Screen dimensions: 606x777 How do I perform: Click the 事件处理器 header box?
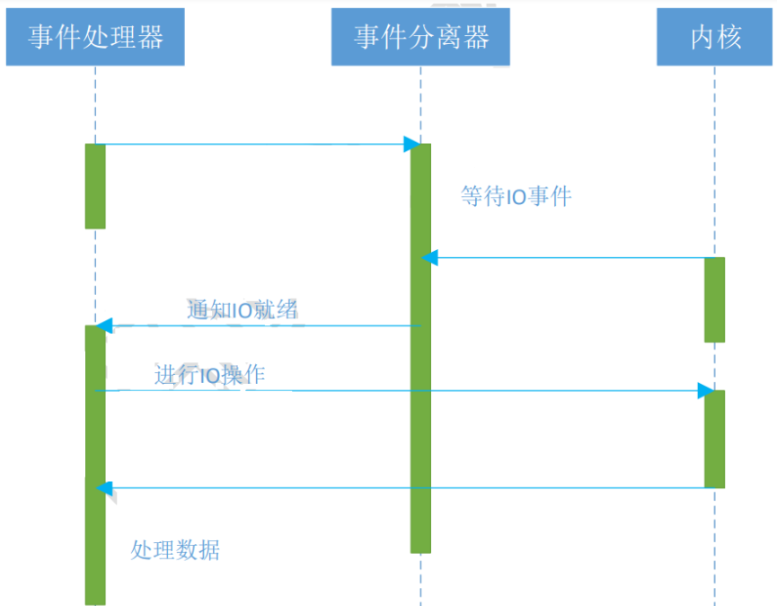coord(95,37)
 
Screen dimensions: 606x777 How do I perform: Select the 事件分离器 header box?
coord(420,37)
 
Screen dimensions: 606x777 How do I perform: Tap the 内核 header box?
coord(715,37)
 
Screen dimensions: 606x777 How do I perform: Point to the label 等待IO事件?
coord(516,196)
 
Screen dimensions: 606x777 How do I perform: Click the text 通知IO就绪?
coord(243,311)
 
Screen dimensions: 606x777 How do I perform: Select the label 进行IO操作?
coord(209,375)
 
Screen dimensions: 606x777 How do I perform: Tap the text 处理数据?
coord(175,549)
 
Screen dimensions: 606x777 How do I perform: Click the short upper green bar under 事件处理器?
coord(95,186)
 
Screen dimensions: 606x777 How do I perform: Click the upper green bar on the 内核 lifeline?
coord(714,299)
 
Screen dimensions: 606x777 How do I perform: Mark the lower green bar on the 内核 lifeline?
coord(714,439)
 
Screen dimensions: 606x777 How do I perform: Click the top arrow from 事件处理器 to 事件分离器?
coord(252,144)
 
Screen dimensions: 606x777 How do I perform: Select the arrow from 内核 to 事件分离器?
coord(566,258)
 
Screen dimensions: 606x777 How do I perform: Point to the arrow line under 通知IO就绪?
coord(260,325)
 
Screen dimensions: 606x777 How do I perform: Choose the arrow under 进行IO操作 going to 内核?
coord(395,391)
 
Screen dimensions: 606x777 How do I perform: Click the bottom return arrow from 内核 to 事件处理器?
coord(404,488)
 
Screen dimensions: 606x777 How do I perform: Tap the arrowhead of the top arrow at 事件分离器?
coord(412,144)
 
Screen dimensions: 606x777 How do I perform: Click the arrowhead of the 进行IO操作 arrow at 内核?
coord(706,391)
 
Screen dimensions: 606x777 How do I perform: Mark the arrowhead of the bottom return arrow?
coord(103,488)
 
